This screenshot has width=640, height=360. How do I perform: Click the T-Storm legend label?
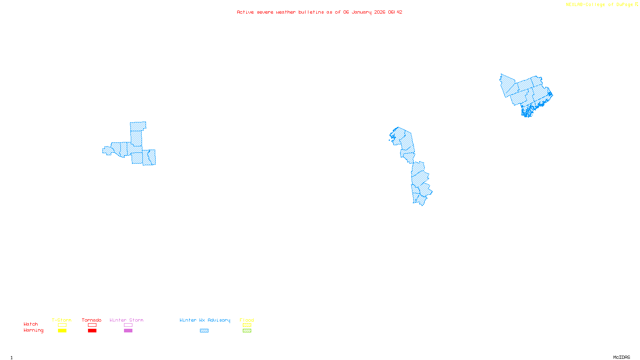62,320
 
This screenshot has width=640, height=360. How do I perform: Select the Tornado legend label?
92,320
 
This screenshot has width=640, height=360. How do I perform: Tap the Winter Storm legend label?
126,320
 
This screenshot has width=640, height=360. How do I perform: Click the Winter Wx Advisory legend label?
205,320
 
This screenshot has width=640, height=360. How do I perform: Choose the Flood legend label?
247,320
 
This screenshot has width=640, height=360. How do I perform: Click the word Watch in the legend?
31,324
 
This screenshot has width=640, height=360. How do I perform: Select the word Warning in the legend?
34,330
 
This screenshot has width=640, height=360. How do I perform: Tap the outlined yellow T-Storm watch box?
62,325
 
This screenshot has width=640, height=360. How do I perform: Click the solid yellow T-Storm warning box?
62,331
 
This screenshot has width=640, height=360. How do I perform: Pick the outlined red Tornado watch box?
92,325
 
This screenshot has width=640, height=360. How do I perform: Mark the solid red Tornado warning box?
92,331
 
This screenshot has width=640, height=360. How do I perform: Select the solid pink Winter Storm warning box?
128,331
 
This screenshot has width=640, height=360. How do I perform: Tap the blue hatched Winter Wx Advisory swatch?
204,331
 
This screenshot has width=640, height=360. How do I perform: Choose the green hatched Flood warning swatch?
247,331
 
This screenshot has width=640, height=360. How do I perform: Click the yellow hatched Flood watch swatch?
247,325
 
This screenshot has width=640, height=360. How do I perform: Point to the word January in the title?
362,12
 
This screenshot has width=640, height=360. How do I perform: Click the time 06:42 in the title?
395,12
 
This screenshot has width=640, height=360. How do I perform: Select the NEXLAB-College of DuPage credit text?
599,5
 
